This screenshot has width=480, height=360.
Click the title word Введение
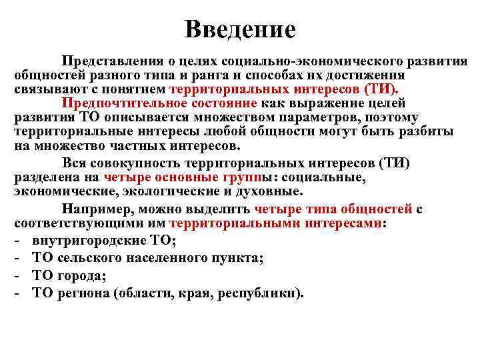[x=240, y=29]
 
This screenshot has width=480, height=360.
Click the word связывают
[x=47, y=89]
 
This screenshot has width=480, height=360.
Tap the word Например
[x=98, y=209]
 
